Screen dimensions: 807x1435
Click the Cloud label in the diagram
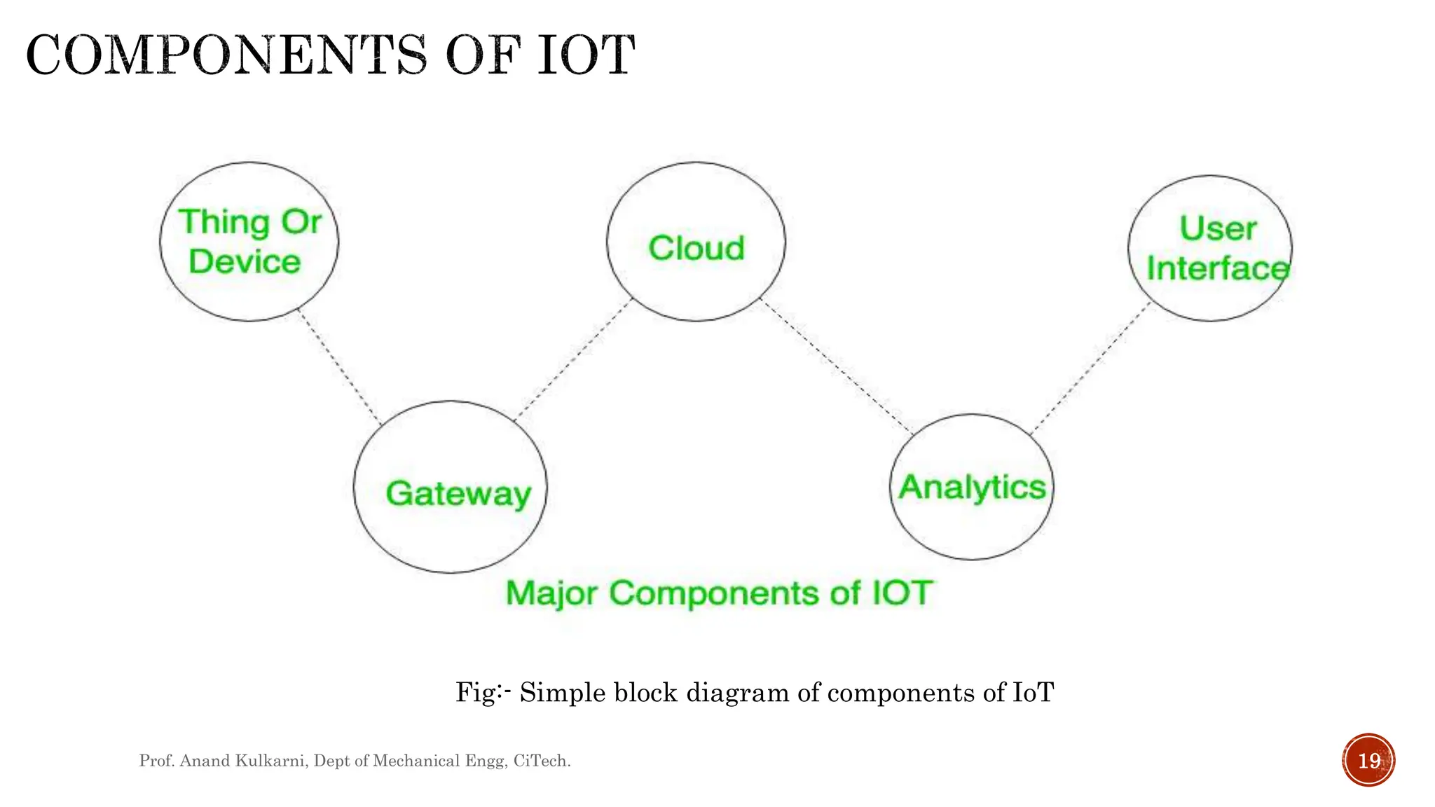[x=696, y=249]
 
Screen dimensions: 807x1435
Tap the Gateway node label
[x=458, y=494]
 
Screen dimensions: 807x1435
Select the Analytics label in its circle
[x=972, y=488]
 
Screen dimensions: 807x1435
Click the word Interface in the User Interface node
[x=1218, y=269]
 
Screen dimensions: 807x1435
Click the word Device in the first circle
[x=245, y=262]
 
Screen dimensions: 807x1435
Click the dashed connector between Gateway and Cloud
[x=573, y=359]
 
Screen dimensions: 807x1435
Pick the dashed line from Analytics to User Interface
[x=1090, y=368]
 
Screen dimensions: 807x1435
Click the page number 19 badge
[x=1368, y=760]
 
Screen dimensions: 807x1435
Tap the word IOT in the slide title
[x=586, y=56]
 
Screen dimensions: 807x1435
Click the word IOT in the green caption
[x=902, y=593]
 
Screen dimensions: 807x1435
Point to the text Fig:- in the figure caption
[x=483, y=692]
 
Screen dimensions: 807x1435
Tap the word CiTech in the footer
[x=540, y=761]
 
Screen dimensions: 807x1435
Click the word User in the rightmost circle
[x=1218, y=228]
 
